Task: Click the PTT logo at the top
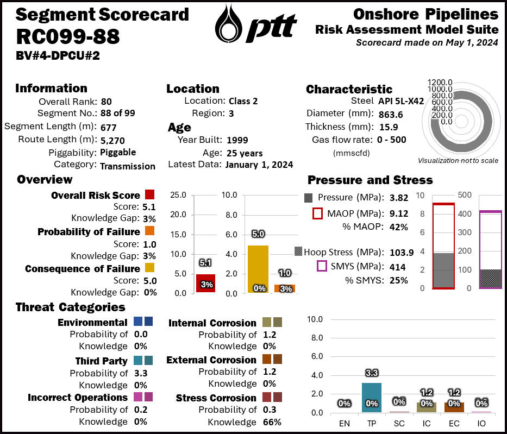click(x=255, y=24)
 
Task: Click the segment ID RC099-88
click(x=68, y=36)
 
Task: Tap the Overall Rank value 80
click(x=106, y=102)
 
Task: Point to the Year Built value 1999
click(x=237, y=140)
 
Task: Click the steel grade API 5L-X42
click(x=401, y=101)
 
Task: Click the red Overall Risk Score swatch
click(x=150, y=195)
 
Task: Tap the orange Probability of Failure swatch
click(x=150, y=232)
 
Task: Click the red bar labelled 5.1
click(x=206, y=283)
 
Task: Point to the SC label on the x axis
click(x=399, y=421)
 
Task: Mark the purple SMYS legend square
click(x=322, y=266)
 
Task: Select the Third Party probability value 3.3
click(x=141, y=373)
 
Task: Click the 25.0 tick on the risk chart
click(x=178, y=195)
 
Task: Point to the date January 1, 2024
click(x=259, y=165)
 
